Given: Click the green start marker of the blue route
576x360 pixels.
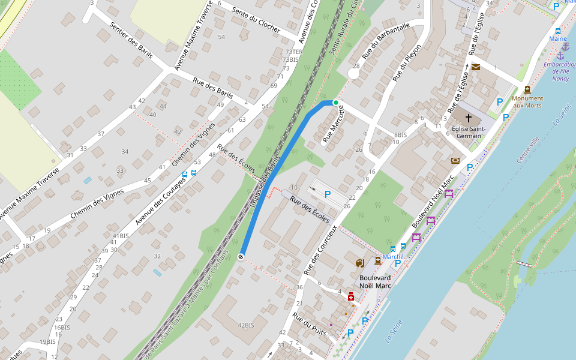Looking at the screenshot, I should [336, 103].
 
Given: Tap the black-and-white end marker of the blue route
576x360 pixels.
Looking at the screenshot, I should [241, 257].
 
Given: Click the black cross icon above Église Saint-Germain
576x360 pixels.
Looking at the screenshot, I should [469, 119].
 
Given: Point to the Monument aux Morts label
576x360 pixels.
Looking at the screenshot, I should [527, 101].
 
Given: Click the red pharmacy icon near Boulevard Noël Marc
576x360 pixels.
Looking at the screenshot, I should [351, 296].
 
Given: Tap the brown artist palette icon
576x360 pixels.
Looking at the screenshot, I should [359, 263].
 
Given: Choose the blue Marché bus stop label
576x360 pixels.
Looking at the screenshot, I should [393, 256].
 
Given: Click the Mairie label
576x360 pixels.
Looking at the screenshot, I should [558, 38].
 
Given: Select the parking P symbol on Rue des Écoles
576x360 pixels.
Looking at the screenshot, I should [328, 194].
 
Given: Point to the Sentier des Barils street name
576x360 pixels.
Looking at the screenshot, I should [131, 40].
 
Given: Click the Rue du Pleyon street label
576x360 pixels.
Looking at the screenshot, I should [407, 62].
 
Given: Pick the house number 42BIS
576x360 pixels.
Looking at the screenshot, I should [246, 325].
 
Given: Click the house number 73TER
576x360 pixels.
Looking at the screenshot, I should [293, 52].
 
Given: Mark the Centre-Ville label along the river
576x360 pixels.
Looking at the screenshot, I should [528, 150].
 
